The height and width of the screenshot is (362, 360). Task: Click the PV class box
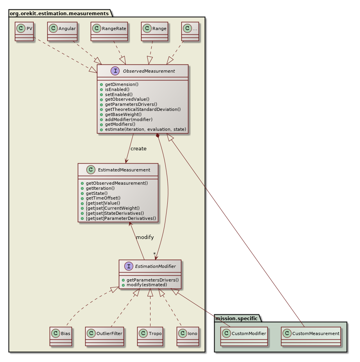point(24,31)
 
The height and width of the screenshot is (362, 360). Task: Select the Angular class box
point(62,31)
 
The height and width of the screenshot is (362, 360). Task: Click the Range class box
point(154,31)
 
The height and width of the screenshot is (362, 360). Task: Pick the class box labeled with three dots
point(190,31)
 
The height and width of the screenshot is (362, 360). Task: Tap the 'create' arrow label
point(138,149)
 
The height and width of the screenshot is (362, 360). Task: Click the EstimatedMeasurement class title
point(118,170)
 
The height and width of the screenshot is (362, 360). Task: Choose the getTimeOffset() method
point(103,198)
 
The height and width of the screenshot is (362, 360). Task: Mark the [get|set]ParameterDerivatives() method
point(121,218)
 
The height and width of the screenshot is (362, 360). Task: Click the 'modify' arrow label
point(145,237)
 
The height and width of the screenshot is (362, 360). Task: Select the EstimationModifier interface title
point(150,266)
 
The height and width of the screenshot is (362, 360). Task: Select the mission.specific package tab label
point(236,318)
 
